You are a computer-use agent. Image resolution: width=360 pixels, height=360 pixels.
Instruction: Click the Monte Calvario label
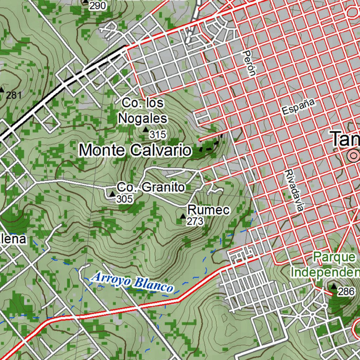click(x=135, y=150)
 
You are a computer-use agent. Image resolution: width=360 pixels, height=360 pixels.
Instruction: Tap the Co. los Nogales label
click(x=143, y=111)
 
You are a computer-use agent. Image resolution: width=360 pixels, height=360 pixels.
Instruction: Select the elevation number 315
click(x=157, y=134)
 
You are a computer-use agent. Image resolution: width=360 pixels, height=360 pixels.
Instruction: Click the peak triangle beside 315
click(x=146, y=130)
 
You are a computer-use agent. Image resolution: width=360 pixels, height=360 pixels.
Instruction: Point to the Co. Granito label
click(x=150, y=187)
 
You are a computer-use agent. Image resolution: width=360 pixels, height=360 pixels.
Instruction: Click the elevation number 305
click(x=125, y=199)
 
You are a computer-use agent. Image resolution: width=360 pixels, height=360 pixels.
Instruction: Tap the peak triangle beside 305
click(x=112, y=194)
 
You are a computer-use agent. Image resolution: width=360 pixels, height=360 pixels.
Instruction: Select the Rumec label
click(x=209, y=210)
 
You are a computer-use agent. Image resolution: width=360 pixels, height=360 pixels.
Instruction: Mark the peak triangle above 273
click(x=182, y=216)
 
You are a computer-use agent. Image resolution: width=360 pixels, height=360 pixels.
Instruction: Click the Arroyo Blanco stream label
click(x=132, y=282)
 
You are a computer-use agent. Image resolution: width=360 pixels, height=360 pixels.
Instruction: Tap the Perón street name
click(x=249, y=63)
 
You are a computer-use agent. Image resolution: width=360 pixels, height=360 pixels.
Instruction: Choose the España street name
click(x=298, y=107)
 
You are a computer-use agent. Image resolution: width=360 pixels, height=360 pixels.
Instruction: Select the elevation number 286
click(x=346, y=291)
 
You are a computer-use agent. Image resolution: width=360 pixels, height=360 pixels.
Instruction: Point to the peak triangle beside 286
click(x=333, y=287)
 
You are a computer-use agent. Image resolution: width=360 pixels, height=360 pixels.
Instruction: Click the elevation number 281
click(x=14, y=95)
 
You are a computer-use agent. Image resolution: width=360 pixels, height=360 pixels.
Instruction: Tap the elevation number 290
click(x=97, y=6)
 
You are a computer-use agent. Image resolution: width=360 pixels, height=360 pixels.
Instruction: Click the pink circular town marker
click(x=353, y=155)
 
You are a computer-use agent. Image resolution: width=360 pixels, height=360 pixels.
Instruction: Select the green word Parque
click(x=335, y=257)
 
